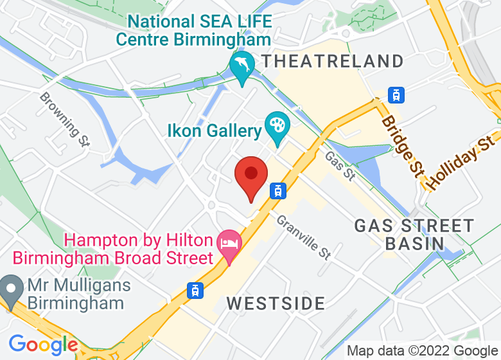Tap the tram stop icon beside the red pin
(x=278, y=190)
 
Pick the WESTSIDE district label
(x=276, y=303)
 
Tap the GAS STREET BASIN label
(x=414, y=235)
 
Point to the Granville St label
(x=303, y=237)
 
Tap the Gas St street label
(x=339, y=165)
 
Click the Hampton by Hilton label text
(x=139, y=249)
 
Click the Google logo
(x=43, y=345)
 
